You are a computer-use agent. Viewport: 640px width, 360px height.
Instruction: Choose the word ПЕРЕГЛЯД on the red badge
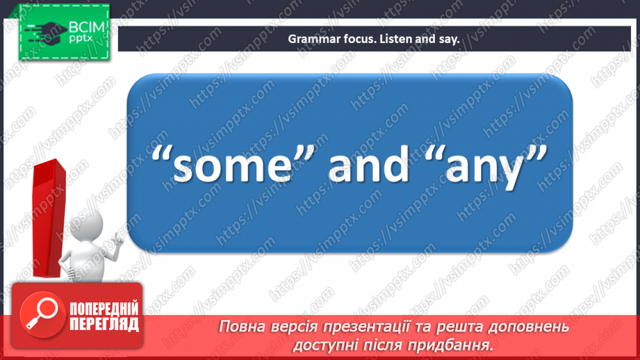coord(104,325)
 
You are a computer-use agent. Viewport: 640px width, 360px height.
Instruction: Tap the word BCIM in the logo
coord(85,28)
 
